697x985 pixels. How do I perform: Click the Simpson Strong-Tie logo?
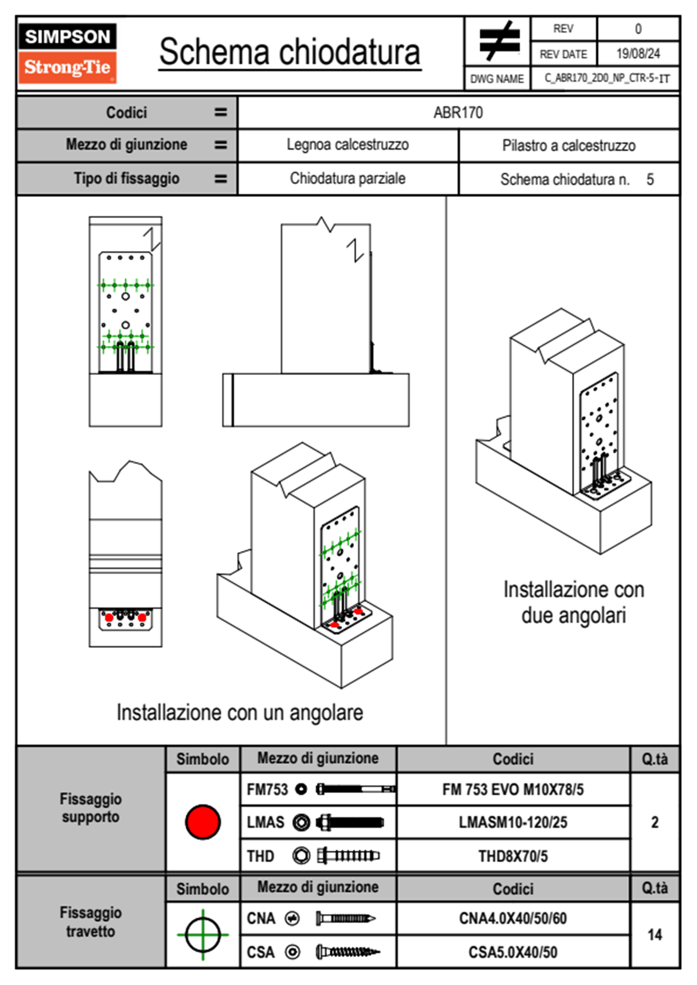pos(67,53)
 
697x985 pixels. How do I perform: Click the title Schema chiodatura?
pos(290,52)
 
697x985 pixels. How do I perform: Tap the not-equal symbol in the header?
pos(499,40)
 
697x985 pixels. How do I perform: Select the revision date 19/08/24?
pos(638,54)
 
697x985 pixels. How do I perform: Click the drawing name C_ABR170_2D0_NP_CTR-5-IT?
pos(607,78)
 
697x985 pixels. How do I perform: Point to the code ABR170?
pos(458,112)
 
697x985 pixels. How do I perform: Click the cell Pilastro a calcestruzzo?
pos(569,145)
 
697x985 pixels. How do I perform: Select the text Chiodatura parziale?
pos(347,178)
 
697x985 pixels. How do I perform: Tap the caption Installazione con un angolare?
pos(240,712)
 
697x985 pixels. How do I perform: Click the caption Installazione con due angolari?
pos(573,602)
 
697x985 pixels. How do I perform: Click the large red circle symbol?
pos(203,822)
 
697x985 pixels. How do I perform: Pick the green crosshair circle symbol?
pos(203,935)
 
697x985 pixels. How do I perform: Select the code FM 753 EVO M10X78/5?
pos(512,789)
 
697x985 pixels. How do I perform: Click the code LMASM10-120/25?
pos(512,822)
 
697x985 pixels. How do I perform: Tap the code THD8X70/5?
pos(512,856)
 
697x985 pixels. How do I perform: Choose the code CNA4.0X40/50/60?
pos(512,918)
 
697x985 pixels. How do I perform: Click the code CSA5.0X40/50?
pos(512,952)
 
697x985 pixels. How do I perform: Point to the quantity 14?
pos(654,935)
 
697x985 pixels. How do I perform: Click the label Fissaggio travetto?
pos(91,922)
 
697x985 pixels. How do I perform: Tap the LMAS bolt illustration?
pos(350,822)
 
